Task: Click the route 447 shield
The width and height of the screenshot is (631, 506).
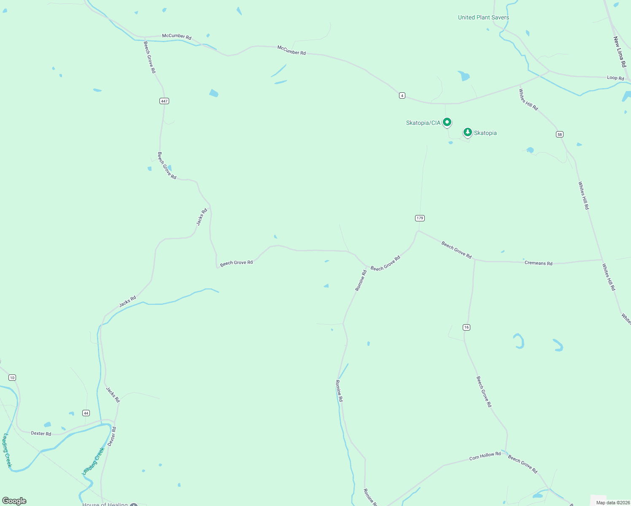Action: (x=164, y=101)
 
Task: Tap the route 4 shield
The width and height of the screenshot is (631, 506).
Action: (x=402, y=96)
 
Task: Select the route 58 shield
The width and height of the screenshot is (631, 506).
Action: (x=559, y=134)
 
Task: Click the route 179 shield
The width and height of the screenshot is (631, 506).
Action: (x=419, y=218)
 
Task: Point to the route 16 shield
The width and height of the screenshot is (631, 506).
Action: (x=466, y=327)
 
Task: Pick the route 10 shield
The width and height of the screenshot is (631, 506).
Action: (x=12, y=377)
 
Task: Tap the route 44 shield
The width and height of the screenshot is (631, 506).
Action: (x=86, y=413)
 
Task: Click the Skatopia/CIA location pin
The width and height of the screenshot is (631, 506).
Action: (x=447, y=122)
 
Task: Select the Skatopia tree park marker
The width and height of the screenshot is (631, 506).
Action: (x=467, y=132)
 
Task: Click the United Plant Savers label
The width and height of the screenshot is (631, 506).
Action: (x=483, y=17)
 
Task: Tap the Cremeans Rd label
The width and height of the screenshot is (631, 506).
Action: (x=538, y=263)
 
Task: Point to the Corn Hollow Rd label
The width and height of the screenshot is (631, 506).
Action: (x=485, y=456)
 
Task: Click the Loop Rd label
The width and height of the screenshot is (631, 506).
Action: (x=615, y=78)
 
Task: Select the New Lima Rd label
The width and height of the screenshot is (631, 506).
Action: (x=620, y=52)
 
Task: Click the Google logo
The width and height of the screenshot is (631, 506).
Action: (x=14, y=501)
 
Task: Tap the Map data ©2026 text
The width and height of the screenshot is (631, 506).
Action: (x=613, y=502)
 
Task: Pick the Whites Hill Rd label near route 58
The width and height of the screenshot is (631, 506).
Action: (x=529, y=100)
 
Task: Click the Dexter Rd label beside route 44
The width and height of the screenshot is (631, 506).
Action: (x=41, y=433)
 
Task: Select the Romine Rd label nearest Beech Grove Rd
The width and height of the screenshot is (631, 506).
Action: (x=361, y=280)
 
